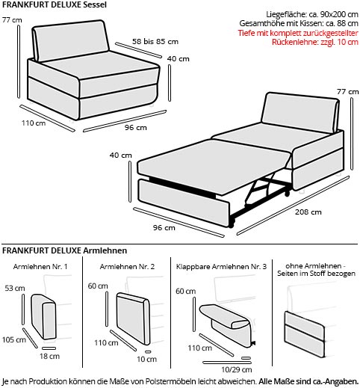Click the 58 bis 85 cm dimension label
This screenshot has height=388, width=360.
coord(155,41)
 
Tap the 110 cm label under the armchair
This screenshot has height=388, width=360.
coord(34,123)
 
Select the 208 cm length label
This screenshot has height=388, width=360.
coord(308,212)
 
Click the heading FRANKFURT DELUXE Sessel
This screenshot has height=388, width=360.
coord(55,4)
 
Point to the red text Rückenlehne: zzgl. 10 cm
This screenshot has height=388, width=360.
coord(314,42)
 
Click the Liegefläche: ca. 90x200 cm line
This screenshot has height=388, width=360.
coord(312,14)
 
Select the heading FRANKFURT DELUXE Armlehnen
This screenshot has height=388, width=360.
coord(65,250)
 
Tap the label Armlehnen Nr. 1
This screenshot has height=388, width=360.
coord(40,267)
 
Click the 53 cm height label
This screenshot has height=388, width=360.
coord(15,288)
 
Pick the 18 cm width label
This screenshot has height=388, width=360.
coord(49,356)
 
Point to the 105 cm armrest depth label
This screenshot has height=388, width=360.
coord(14,339)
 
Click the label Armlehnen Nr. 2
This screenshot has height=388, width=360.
coord(127,267)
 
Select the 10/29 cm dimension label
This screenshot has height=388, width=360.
coord(237,369)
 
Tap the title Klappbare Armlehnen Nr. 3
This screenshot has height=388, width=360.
coord(221,267)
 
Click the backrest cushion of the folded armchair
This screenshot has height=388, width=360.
coord(71,40)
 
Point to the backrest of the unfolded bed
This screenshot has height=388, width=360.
coord(301,112)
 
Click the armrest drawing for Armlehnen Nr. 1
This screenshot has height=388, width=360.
coord(43,317)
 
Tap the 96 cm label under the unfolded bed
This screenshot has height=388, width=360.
coord(164,227)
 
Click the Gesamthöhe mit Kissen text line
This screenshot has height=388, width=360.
coord(299,23)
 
